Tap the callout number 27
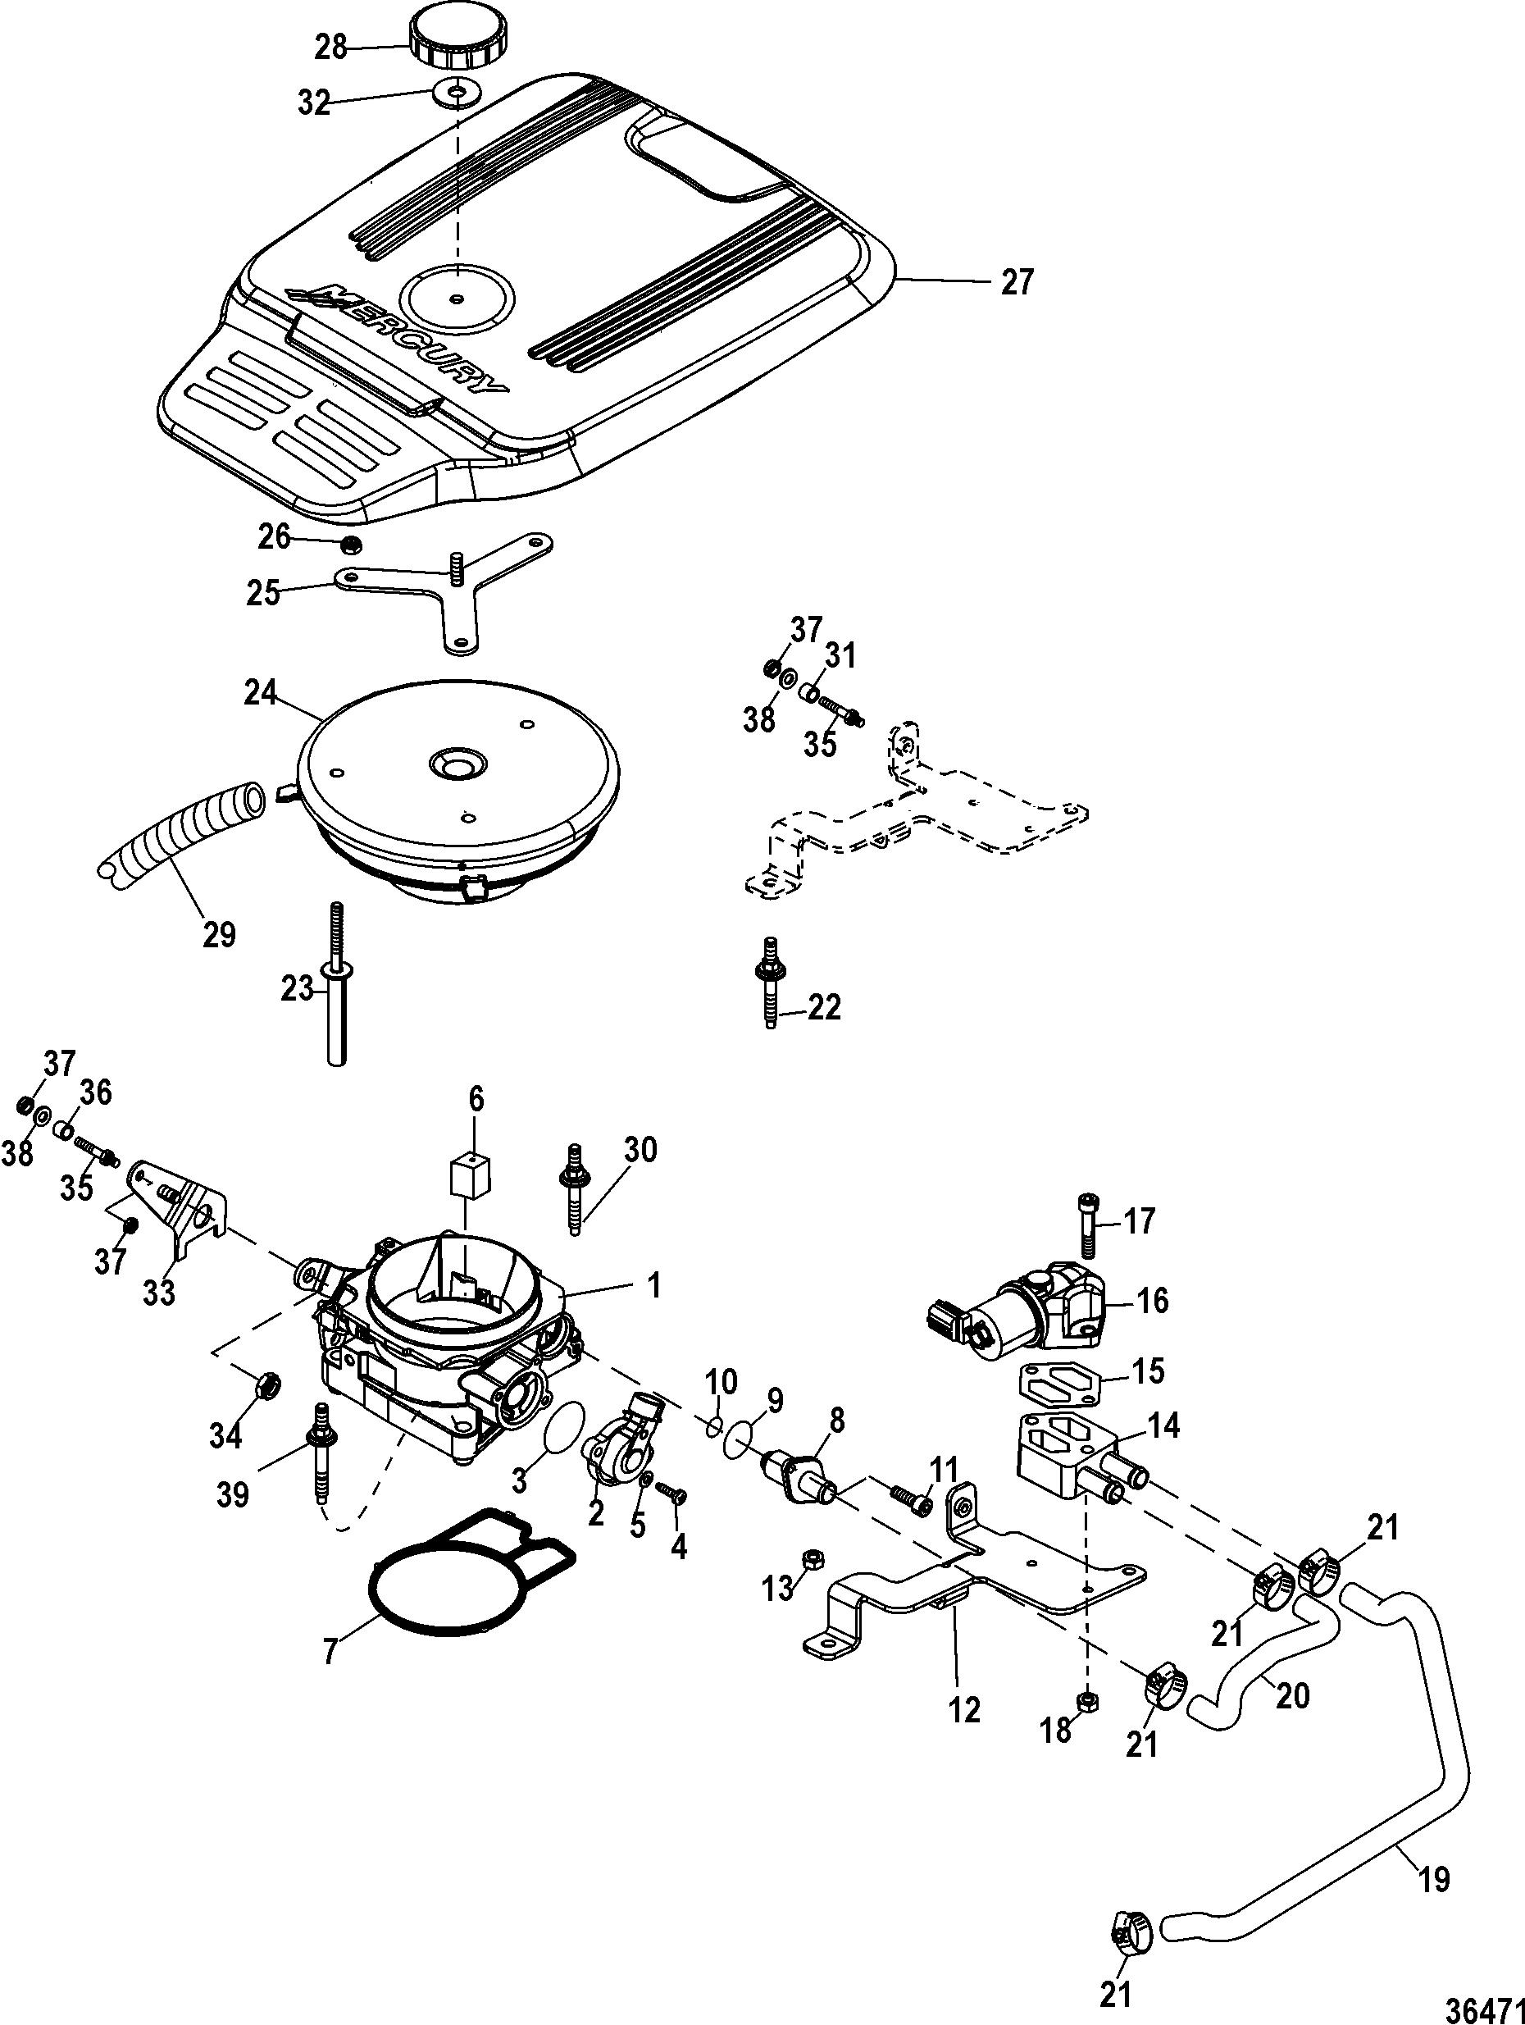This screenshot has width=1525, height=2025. click(1016, 281)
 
